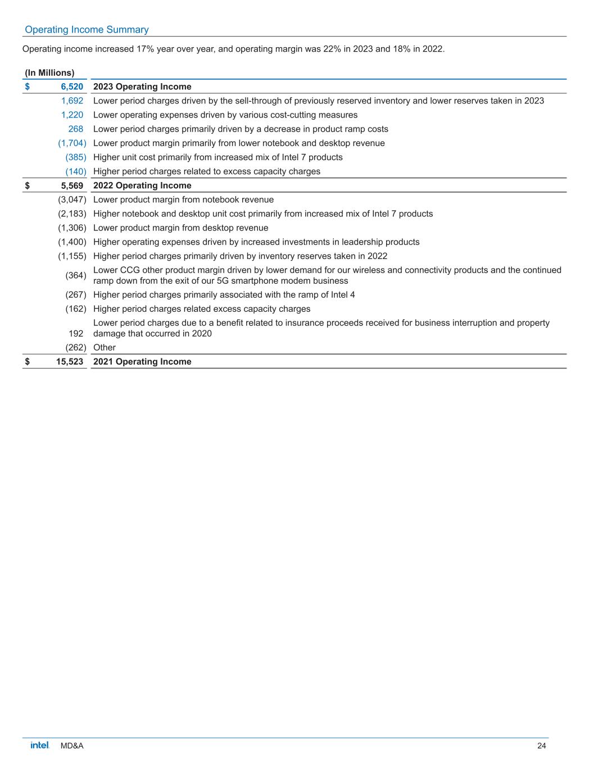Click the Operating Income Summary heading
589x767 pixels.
point(87,30)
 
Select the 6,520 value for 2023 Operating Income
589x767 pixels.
point(72,87)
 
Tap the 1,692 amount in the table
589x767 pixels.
point(72,101)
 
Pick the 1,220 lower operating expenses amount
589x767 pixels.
point(72,115)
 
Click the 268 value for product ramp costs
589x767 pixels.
point(75,129)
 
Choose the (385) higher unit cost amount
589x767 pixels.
point(75,157)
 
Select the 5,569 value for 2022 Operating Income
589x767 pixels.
point(72,185)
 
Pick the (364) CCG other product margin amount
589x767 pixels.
point(75,275)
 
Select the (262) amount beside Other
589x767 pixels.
point(75,347)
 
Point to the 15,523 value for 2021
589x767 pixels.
point(69,361)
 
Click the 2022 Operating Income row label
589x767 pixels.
point(142,185)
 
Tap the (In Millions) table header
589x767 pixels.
point(49,72)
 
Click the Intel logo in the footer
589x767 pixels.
point(40,745)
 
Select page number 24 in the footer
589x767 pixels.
point(541,746)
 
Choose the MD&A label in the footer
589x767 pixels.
point(72,746)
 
